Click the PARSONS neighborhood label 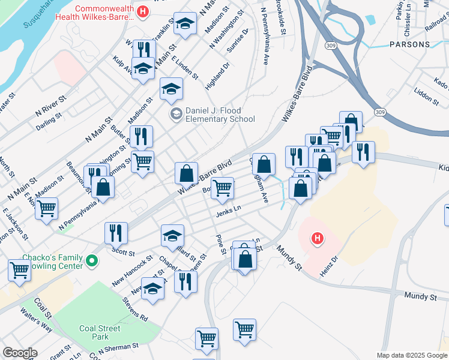409,44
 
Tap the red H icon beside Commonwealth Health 142,11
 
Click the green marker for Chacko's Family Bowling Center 91,261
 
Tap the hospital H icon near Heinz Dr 318,239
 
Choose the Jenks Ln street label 229,211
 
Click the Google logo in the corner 20,353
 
